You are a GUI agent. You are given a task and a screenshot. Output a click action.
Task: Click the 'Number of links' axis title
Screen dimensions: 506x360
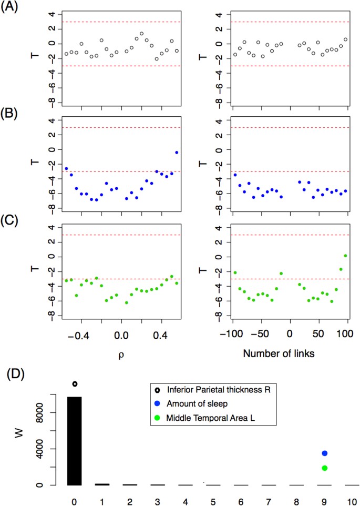click(280, 353)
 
